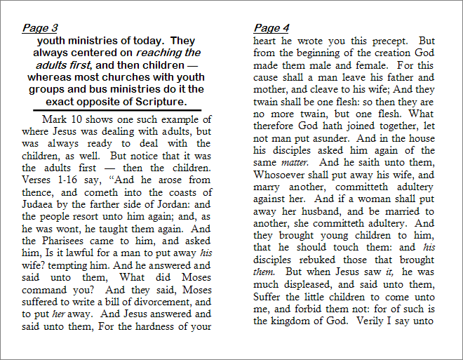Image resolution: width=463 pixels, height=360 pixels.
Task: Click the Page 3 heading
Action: pos(40,28)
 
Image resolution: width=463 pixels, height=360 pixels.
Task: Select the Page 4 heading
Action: pos(271,28)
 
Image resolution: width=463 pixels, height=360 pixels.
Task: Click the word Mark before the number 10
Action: pos(54,119)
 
